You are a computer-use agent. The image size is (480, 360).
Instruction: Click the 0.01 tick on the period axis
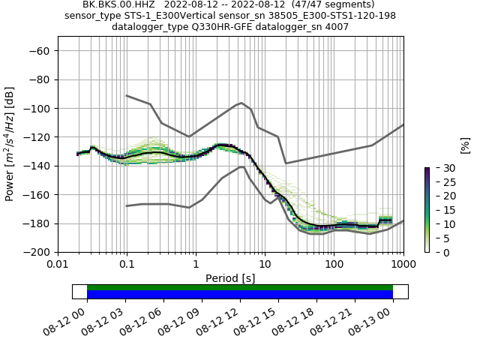click(58, 265)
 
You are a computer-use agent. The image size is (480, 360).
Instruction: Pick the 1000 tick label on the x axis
click(403, 265)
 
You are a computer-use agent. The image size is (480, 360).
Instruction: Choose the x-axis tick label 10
click(265, 265)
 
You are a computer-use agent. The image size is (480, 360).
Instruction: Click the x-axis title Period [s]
click(230, 278)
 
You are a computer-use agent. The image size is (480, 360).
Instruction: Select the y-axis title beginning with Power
click(10, 144)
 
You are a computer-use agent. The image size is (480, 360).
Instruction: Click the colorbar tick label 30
click(440, 167)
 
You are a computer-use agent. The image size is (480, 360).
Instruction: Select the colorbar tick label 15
click(440, 210)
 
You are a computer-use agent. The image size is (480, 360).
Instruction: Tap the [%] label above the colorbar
click(465, 145)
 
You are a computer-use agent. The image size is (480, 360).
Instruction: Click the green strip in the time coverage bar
click(240, 287)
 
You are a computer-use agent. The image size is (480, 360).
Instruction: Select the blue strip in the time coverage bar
click(240, 295)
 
